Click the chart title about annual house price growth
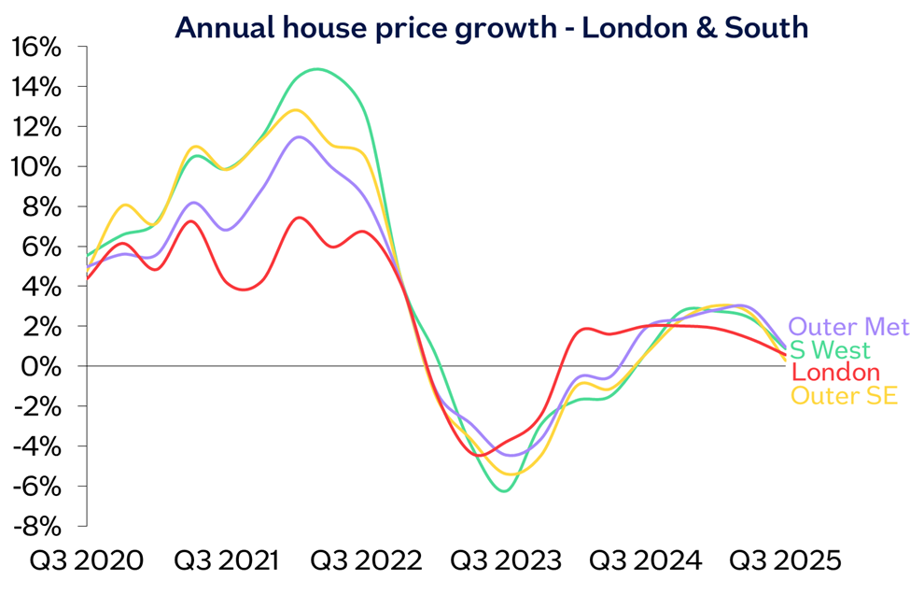pyautogui.click(x=491, y=27)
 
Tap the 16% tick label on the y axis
pyautogui.click(x=36, y=48)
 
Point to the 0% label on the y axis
pyautogui.click(x=41, y=366)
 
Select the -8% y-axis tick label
pyautogui.click(x=37, y=527)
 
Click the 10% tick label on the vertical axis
pyautogui.click(x=36, y=167)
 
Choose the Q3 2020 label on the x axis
pyautogui.click(x=87, y=561)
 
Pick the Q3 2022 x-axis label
pyautogui.click(x=366, y=561)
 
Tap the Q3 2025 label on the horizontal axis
pyautogui.click(x=785, y=561)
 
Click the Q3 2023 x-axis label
pyautogui.click(x=506, y=561)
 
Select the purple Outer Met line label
pyautogui.click(x=849, y=327)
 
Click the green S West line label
pyautogui.click(x=831, y=350)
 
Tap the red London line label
pyautogui.click(x=835, y=373)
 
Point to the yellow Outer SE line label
pyautogui.click(x=845, y=395)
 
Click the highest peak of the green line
pyautogui.click(x=317, y=69)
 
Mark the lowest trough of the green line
pyautogui.click(x=504, y=491)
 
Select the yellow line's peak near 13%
pyautogui.click(x=296, y=110)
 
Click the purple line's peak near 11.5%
pyautogui.click(x=299, y=137)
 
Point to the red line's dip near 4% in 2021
pyautogui.click(x=243, y=290)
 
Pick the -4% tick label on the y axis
pyautogui.click(x=37, y=446)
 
